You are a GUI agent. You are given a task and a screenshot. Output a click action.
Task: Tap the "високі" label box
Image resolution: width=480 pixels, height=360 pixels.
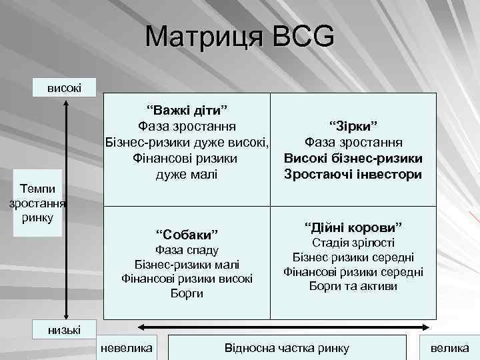pyautogui.click(x=65, y=87)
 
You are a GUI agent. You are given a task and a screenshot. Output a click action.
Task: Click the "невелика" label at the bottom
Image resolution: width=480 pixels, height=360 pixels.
pyautogui.click(x=126, y=348)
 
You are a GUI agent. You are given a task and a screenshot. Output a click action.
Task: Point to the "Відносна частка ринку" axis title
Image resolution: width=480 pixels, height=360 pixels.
pyautogui.click(x=287, y=348)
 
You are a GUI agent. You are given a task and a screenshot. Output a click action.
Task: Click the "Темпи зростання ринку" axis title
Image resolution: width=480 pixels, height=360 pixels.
pyautogui.click(x=37, y=202)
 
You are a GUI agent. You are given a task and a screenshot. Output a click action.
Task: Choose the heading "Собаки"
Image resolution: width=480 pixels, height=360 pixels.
pyautogui.click(x=187, y=235)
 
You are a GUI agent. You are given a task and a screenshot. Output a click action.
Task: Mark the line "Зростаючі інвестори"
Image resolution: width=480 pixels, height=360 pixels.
pyautogui.click(x=353, y=175)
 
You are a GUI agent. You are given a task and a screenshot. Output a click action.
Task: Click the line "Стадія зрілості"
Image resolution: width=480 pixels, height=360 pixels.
pyautogui.click(x=353, y=243)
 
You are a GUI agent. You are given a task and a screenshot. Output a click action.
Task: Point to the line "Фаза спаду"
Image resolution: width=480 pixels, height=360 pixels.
pyautogui.click(x=187, y=250)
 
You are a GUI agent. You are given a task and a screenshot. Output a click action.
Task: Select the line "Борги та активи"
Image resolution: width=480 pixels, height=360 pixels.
pyautogui.click(x=353, y=286)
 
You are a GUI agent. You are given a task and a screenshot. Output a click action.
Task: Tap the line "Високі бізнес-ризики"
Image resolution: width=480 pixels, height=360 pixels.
pyautogui.click(x=353, y=159)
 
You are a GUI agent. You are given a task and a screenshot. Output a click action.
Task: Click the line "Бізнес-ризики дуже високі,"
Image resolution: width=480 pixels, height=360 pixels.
pyautogui.click(x=187, y=143)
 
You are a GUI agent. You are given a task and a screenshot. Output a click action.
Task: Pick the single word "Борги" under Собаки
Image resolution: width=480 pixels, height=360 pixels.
pyautogui.click(x=187, y=293)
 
